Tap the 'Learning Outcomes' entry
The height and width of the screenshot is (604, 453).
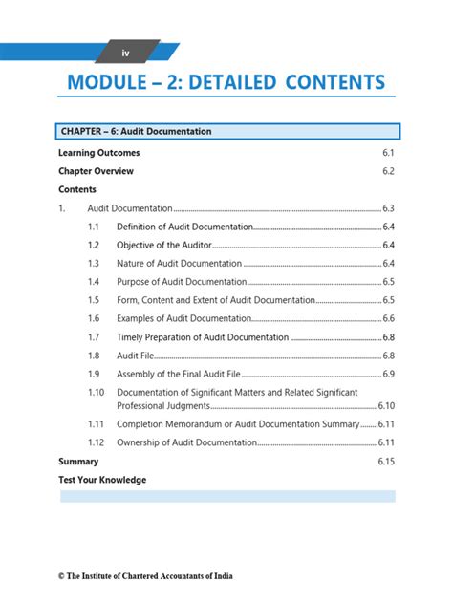click(98, 153)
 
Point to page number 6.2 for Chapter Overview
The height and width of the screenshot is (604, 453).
click(388, 171)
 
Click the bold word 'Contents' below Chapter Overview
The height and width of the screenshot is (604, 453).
click(77, 189)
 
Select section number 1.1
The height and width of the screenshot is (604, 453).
click(94, 226)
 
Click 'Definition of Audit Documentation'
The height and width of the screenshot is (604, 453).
click(184, 226)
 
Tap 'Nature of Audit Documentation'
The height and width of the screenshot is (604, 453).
click(179, 263)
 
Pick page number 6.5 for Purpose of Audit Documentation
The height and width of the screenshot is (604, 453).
click(388, 282)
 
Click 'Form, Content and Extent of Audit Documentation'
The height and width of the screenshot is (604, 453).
click(215, 300)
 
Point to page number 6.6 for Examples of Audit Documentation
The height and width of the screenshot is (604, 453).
click(388, 318)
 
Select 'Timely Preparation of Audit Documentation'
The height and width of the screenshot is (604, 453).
click(202, 337)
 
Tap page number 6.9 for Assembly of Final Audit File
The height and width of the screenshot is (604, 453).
click(388, 374)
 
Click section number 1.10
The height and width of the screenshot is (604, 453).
click(96, 393)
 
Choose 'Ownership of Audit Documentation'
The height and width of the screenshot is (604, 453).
click(186, 442)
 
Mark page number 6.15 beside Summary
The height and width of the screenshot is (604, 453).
click(385, 462)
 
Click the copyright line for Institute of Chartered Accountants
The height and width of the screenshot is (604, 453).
click(144, 576)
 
